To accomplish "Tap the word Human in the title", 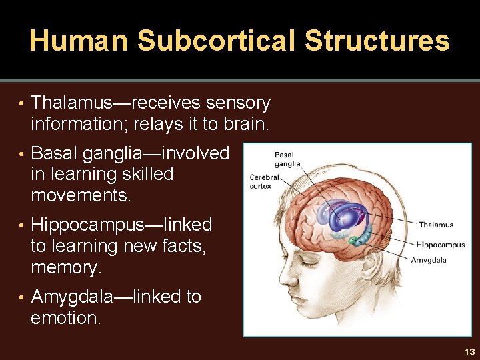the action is tap(79, 41).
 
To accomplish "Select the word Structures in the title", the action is tap(377, 41).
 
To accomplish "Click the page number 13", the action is tap(469, 352).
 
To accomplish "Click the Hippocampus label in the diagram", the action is tap(441, 245).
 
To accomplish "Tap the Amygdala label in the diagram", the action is tap(429, 260).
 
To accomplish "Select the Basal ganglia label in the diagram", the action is tap(287, 159).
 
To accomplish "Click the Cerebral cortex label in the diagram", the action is tap(265, 181).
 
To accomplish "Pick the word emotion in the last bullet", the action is tap(66, 318).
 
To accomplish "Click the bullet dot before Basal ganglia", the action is tap(22, 154).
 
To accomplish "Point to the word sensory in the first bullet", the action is tap(238, 103).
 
